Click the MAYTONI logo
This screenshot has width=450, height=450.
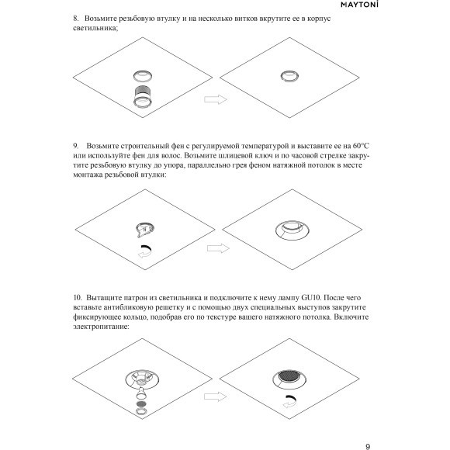click(x=359, y=5)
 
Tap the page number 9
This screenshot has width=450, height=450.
click(x=368, y=446)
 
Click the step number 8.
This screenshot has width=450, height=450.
click(x=76, y=19)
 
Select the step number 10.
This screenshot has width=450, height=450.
click(x=78, y=298)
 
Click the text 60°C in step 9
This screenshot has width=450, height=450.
click(x=361, y=146)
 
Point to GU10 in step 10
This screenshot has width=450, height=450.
click(x=311, y=298)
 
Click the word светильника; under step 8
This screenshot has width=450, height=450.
click(x=95, y=28)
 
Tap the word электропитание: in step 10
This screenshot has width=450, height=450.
click(x=101, y=327)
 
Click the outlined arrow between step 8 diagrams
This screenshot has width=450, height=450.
click(x=216, y=99)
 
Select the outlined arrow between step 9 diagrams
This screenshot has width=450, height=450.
click(x=218, y=248)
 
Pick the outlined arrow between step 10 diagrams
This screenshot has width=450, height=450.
click(x=215, y=396)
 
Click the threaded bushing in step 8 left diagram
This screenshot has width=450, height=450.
click(x=143, y=96)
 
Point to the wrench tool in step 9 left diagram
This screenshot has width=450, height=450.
click(x=144, y=230)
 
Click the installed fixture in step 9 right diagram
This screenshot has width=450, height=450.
click(x=292, y=230)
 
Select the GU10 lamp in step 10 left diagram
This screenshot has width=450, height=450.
click(x=140, y=393)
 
